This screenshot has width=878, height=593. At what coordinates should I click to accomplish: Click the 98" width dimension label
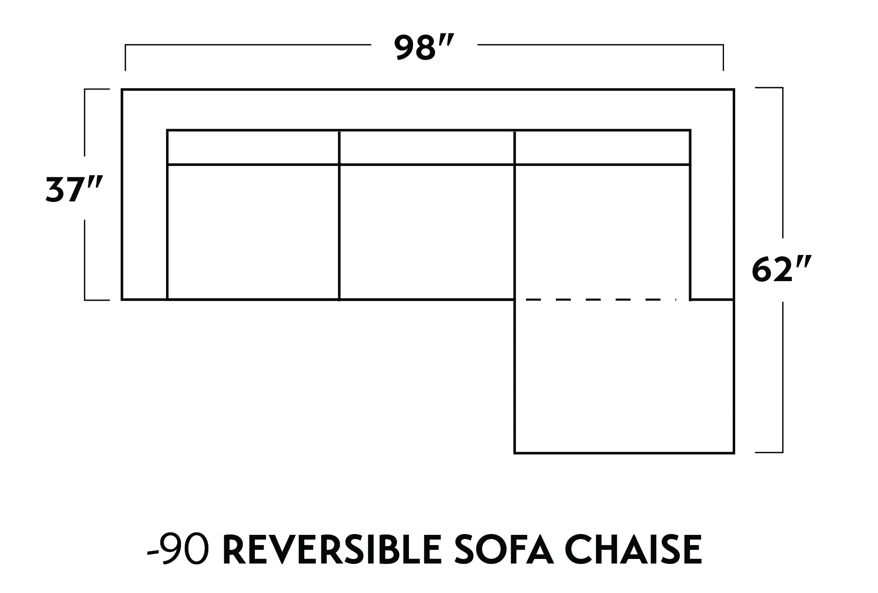(424, 48)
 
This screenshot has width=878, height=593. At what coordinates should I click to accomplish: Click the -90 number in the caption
(178, 551)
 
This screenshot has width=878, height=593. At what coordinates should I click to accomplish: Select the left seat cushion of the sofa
(253, 232)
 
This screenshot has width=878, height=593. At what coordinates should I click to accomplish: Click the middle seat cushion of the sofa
(427, 232)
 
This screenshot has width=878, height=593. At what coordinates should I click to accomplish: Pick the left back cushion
(253, 147)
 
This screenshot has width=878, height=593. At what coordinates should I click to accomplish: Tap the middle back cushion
(427, 147)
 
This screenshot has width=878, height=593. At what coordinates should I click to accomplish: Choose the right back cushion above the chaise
(602, 147)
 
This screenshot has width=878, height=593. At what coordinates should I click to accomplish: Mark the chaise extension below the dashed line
(624, 376)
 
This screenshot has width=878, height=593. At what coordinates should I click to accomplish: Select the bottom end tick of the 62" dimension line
(769, 452)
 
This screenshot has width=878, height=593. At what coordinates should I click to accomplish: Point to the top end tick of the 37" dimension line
(97, 89)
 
